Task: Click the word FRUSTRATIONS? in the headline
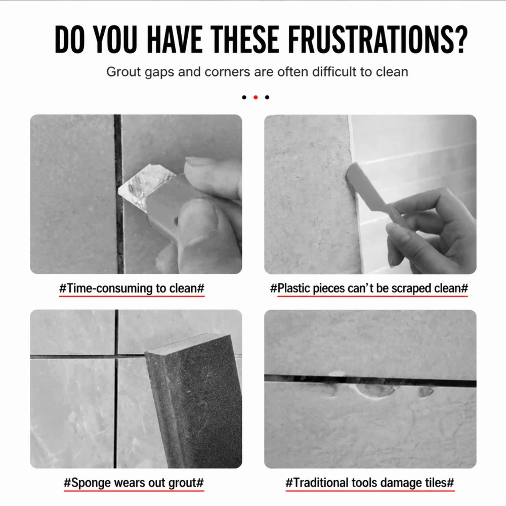coord(377,39)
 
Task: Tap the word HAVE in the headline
coord(174,39)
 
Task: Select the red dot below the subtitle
coord(256,97)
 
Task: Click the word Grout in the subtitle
coord(124,72)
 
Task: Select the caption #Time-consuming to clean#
coord(132,288)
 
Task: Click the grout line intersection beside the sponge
coord(116,356)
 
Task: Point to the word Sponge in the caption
coord(91,483)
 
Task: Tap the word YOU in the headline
coord(116,39)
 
